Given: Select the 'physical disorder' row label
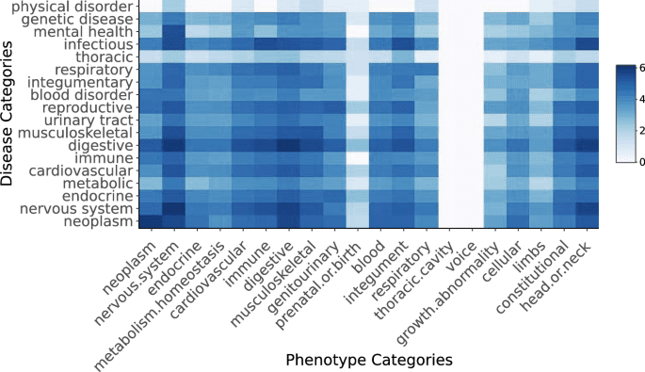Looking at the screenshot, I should pos(73,6).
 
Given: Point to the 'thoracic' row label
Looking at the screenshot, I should pos(100,57).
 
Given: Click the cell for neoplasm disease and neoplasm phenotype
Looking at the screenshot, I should pos(150,221).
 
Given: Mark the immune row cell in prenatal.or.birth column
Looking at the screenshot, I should pos(357,158).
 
